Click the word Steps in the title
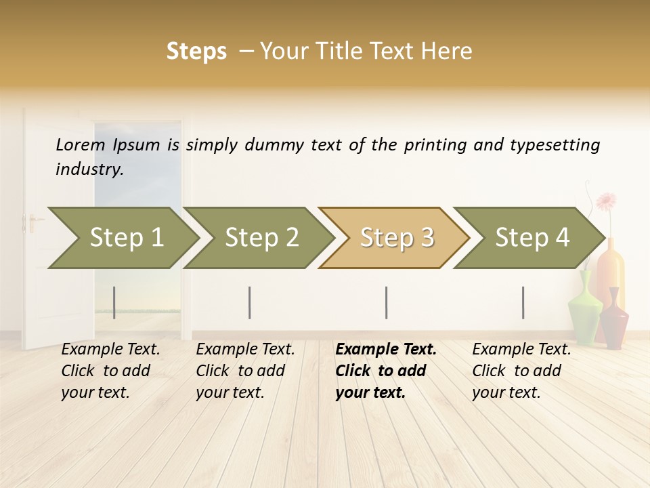coord(196,52)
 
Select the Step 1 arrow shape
coord(122,238)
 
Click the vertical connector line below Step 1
coord(114,302)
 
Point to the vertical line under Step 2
coord(250,302)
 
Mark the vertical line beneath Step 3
coord(386,302)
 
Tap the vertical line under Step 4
coord(523,302)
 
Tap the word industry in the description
coord(89,169)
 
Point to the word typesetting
coord(555,145)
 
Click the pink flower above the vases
coord(606,201)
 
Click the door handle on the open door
coord(30,222)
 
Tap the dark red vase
coord(614,319)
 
